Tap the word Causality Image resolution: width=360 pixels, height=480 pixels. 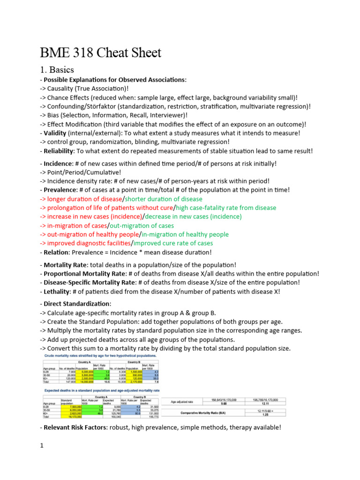66,89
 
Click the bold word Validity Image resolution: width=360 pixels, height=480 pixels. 55,133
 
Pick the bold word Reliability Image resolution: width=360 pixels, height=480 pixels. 59,151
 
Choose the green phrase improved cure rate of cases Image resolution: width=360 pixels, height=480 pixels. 173,243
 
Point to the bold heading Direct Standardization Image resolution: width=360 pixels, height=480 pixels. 76,304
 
